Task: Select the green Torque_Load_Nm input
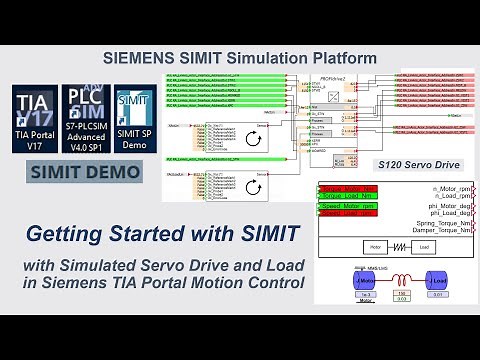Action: pos(346,196)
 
